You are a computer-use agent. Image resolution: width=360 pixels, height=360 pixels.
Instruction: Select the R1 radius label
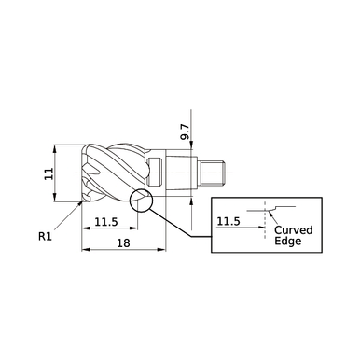coord(44,237)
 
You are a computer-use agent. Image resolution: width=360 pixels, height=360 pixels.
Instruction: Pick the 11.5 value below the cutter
coord(105,221)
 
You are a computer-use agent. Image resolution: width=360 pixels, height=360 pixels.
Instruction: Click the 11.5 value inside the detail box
coord(229,221)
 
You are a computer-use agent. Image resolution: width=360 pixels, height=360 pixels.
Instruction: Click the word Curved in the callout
coord(294,229)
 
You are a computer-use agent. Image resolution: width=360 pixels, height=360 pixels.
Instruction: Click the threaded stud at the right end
coord(215,173)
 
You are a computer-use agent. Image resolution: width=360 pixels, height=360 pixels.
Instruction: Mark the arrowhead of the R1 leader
coord(76,202)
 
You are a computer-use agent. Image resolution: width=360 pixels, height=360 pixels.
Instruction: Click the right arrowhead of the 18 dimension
coord(164,250)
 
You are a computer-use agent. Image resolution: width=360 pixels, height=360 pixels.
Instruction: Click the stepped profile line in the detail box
coord(280,206)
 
